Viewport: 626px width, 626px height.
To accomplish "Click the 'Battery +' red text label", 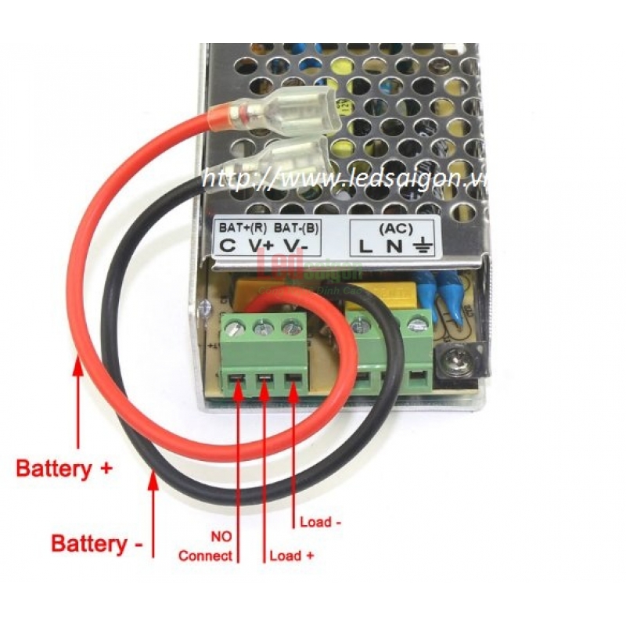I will tap(65, 469).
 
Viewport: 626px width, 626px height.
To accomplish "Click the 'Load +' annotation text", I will tap(293, 556).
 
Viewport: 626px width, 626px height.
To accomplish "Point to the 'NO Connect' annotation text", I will tap(207, 547).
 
